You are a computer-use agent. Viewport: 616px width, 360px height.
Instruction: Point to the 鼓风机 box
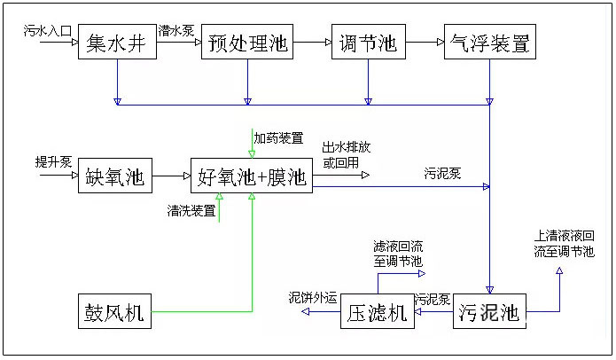click(x=115, y=311)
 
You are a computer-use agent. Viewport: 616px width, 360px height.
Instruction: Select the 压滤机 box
click(x=377, y=312)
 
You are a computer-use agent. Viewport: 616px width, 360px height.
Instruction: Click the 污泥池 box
click(x=489, y=312)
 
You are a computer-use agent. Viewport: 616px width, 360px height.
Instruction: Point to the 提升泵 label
click(x=52, y=161)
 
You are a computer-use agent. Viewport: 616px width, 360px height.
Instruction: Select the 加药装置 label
click(x=278, y=137)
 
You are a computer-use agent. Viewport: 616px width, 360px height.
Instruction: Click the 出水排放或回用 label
click(x=346, y=154)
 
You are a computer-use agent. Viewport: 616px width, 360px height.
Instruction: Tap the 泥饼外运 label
click(x=314, y=298)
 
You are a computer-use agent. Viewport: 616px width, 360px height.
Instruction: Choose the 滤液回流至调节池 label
click(x=398, y=254)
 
